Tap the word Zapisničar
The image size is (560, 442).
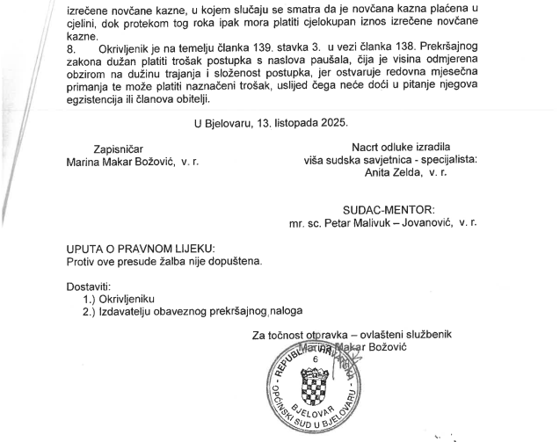click(x=118, y=149)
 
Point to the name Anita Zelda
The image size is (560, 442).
click(x=393, y=173)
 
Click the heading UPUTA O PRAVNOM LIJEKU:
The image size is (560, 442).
click(x=140, y=249)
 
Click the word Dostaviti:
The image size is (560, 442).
click(x=89, y=286)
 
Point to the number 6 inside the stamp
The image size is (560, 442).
click(x=316, y=359)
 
